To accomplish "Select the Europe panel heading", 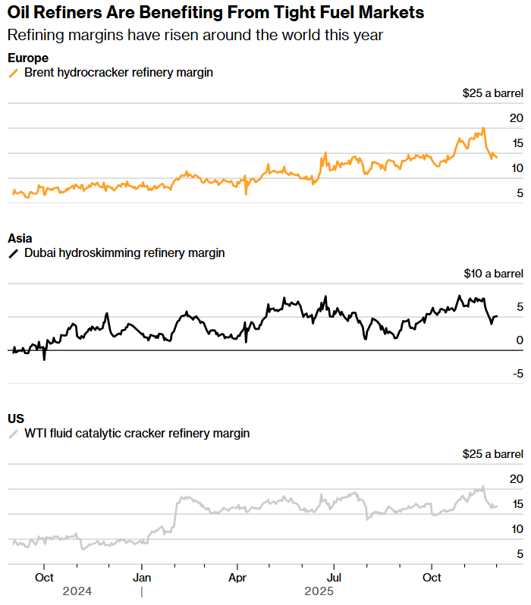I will [28, 58].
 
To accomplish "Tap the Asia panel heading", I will [20, 238].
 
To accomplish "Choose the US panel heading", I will [16, 418].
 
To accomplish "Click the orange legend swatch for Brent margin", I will [13, 73].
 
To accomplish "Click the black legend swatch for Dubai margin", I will [13, 253].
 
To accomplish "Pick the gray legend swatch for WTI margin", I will [13, 434].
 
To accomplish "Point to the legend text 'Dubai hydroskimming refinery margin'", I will [124, 253].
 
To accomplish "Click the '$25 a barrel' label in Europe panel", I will [492, 93].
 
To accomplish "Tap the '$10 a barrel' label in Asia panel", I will [492, 274].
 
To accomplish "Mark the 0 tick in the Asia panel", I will [520, 340].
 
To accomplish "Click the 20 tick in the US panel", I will [516, 478].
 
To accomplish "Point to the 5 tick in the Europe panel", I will [519, 193].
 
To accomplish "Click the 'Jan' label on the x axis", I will [141, 577].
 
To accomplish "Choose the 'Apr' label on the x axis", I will [237, 577].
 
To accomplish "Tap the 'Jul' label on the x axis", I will [335, 577].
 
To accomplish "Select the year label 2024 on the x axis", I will [77, 591].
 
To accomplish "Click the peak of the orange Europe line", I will [482, 128].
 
